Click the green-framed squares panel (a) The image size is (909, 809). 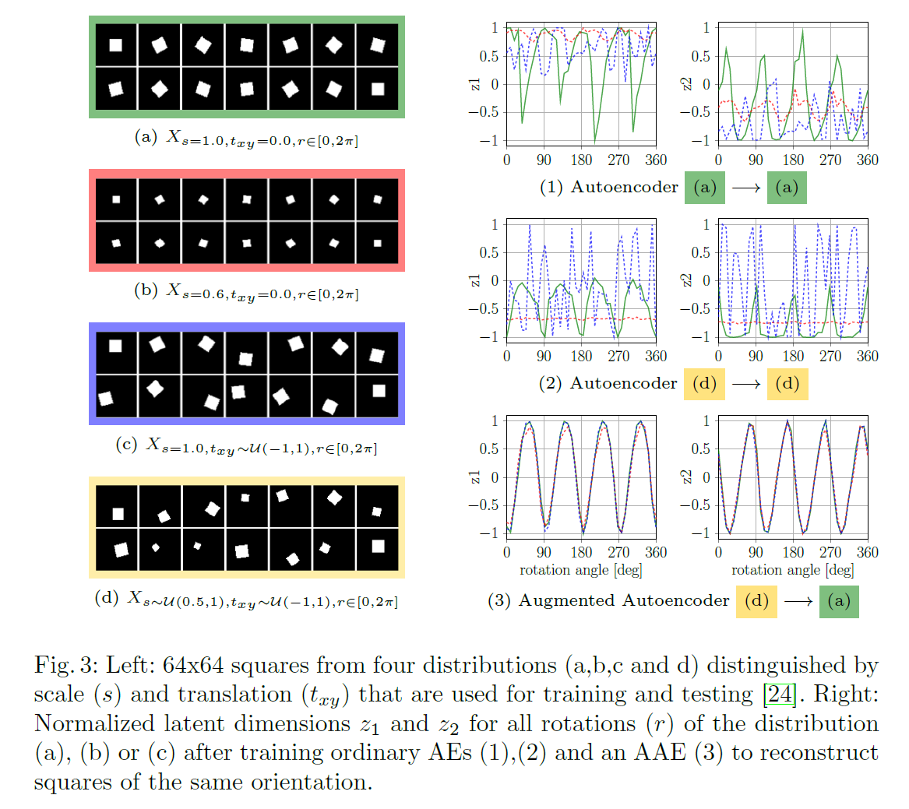coord(247,66)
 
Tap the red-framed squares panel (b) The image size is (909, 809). coord(247,220)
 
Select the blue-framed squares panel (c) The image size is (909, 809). coord(247,374)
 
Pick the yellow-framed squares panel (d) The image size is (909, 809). coord(247,528)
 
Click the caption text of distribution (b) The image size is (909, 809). coord(247,292)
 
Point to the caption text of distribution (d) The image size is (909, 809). coord(247,599)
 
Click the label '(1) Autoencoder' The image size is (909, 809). coord(609,188)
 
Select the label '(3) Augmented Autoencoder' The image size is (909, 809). coord(609,600)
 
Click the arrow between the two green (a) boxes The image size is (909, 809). coord(746,188)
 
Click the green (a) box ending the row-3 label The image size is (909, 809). coord(839,601)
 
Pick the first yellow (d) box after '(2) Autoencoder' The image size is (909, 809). coord(704,384)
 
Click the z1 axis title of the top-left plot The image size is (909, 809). coord(475,83)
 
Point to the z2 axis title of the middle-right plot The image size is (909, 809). coord(687,280)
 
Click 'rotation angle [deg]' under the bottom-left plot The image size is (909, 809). coord(581,570)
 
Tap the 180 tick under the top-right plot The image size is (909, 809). coord(793,160)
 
